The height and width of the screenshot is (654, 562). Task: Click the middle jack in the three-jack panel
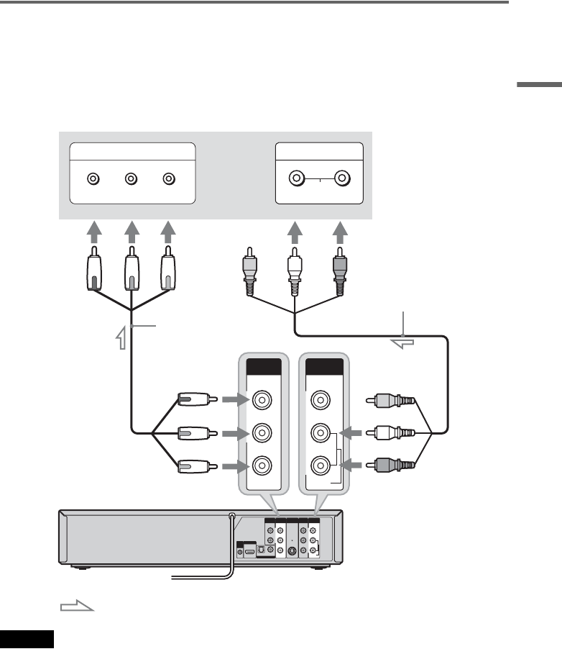[x=131, y=179]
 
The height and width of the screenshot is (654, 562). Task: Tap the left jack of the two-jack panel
[x=296, y=178]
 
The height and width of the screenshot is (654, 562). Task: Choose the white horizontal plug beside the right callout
[x=392, y=433]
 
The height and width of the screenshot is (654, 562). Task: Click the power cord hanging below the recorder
[x=216, y=573]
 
